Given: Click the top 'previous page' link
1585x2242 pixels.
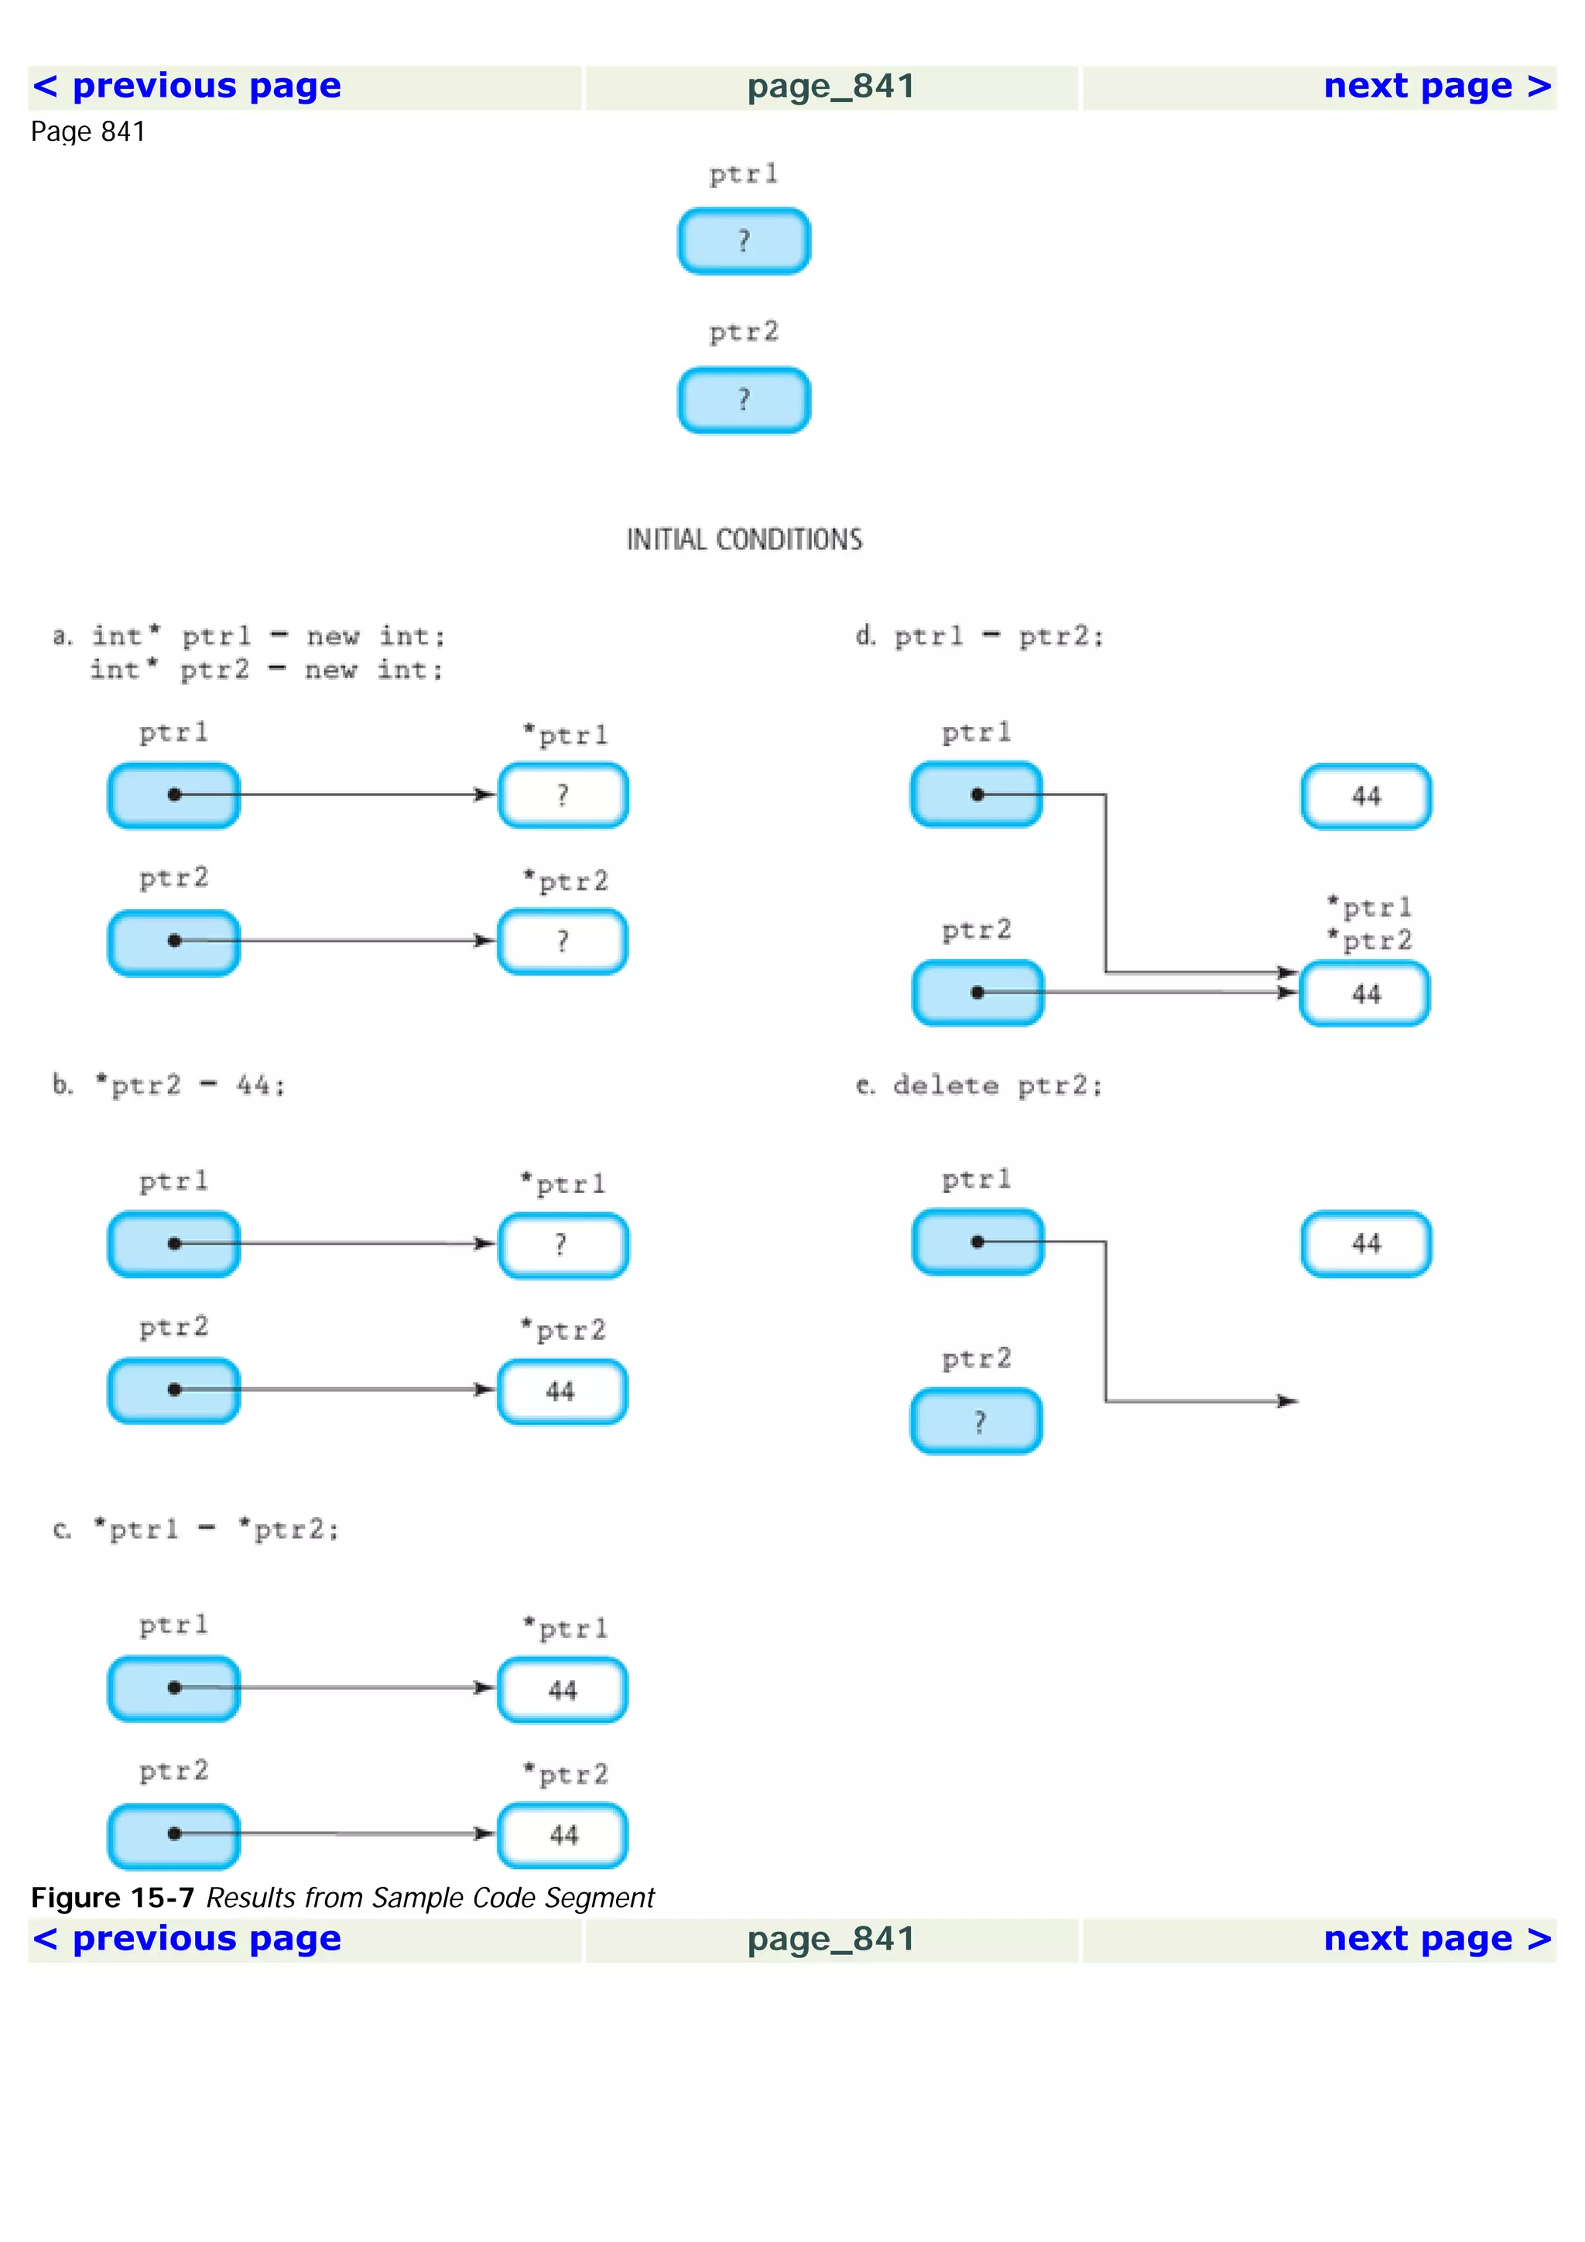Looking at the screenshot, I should coord(187,86).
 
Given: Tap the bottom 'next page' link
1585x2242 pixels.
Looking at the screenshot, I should coord(1436,1938).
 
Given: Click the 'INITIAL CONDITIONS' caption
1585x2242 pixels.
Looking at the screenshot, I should coord(745,539).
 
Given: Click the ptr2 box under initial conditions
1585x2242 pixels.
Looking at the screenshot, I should coord(745,399).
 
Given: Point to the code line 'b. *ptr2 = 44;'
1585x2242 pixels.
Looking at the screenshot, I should coord(169,1085).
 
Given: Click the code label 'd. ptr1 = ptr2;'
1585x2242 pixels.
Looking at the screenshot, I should coord(980,637).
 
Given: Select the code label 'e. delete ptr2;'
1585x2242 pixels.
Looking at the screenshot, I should coord(980,1086).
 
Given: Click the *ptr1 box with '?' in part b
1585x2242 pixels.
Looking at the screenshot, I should coord(563,1245).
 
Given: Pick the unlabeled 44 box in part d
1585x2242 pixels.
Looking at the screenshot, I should coord(1365,796).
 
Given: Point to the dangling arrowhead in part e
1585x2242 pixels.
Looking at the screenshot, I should coord(1289,1401).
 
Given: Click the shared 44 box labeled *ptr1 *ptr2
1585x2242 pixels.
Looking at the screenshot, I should coord(1365,994).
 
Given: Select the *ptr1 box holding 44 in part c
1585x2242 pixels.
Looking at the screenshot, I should coord(563,1690).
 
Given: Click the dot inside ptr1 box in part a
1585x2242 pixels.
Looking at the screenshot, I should coord(175,795).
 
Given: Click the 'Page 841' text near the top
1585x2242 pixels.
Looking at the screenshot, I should coord(88,132).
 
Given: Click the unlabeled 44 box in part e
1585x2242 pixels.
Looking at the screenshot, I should coord(1365,1244).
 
